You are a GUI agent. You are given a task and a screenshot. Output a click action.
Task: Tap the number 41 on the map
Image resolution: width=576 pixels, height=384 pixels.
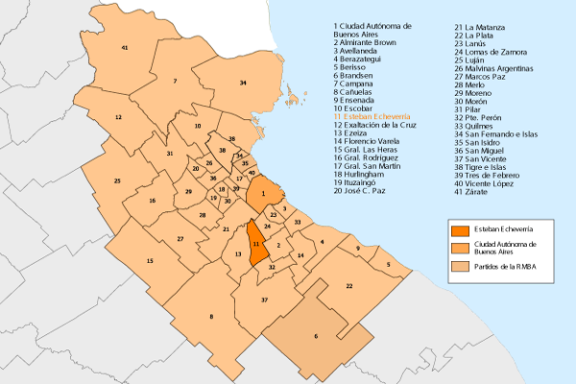tap(125, 47)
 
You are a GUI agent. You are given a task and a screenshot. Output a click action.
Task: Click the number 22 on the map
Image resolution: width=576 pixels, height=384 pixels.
tap(349, 286)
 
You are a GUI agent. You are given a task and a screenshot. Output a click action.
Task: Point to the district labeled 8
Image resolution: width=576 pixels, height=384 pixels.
tap(211, 317)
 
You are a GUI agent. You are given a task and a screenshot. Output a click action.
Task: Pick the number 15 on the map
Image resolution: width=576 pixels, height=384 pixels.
tap(149, 261)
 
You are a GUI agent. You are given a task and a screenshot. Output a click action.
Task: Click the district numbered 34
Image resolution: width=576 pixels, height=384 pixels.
tap(243, 84)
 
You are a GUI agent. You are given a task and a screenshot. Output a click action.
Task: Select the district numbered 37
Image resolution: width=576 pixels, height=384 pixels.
tap(264, 300)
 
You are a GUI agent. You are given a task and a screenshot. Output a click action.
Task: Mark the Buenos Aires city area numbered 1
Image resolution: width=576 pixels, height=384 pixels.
tap(262, 194)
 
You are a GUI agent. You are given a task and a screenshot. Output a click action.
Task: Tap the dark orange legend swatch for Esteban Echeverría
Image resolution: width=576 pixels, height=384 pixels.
tap(462, 230)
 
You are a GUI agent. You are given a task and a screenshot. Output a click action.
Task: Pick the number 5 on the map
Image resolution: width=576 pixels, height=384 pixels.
tap(388, 264)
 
